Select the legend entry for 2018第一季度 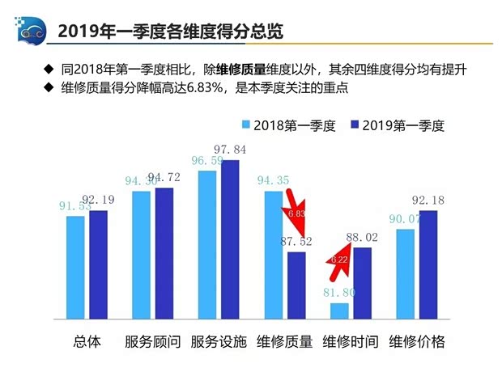point(287,125)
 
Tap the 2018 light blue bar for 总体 point(76,267)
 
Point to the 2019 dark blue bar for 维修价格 point(428,264)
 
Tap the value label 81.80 point(338,292)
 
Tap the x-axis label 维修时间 point(350,341)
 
